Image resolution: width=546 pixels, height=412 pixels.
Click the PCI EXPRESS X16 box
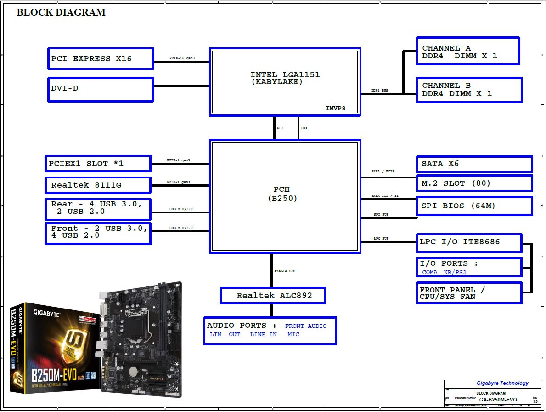(101, 59)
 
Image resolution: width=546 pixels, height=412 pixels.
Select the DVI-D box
(101, 89)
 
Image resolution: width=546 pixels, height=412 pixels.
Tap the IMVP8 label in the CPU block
(335, 109)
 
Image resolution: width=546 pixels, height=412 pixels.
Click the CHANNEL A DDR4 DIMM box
(467, 51)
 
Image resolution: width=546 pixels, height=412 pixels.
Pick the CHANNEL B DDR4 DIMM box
(469, 90)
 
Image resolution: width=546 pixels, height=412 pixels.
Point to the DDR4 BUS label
(379, 91)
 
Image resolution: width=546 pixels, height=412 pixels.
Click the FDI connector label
(280, 128)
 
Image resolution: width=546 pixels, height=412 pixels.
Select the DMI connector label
(304, 128)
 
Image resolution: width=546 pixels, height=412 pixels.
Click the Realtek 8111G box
(98, 185)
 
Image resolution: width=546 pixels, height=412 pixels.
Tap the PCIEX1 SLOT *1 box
(98, 164)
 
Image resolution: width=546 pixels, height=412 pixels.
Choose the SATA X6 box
(474, 164)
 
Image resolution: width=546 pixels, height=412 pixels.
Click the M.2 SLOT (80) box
(474, 183)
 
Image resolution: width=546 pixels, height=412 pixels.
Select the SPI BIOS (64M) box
(474, 206)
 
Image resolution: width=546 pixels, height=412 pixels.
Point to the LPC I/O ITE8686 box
(468, 243)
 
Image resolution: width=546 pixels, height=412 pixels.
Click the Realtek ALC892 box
(273, 296)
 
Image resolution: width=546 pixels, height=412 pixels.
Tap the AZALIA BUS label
(285, 271)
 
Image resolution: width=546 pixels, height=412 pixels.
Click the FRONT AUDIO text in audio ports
(306, 326)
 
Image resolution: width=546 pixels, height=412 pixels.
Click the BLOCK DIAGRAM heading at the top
(61, 12)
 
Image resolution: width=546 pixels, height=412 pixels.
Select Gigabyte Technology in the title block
(502, 383)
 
